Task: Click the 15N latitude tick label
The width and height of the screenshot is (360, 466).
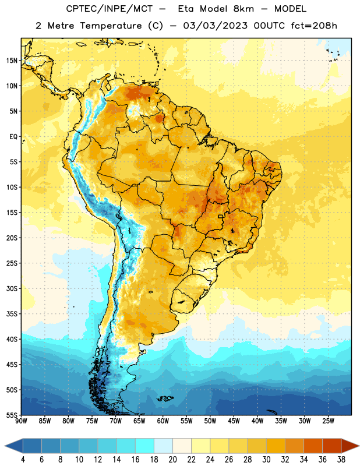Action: (x=12, y=61)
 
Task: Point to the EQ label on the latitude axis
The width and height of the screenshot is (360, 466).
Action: (x=13, y=137)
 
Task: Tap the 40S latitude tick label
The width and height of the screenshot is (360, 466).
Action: (x=12, y=339)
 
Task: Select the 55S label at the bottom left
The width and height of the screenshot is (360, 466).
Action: (x=12, y=415)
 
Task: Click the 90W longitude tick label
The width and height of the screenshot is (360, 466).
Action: (x=21, y=421)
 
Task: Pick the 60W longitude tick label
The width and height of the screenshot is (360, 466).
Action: (x=163, y=421)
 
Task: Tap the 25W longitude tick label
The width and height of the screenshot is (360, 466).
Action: (x=328, y=421)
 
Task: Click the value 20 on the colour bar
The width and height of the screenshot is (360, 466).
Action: (x=172, y=460)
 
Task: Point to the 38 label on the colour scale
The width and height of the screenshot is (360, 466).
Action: (x=341, y=460)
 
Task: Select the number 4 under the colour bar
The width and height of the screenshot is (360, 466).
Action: (x=23, y=460)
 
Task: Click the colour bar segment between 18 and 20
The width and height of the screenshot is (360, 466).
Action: (x=163, y=446)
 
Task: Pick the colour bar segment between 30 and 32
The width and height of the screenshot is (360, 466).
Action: (x=276, y=446)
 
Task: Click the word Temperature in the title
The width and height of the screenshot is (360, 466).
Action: (x=111, y=26)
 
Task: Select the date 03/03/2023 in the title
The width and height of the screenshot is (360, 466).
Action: (x=215, y=26)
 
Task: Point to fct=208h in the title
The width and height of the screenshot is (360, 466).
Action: (x=314, y=26)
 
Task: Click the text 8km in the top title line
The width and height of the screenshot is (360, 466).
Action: (x=243, y=9)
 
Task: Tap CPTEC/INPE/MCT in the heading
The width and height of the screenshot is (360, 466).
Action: (x=109, y=9)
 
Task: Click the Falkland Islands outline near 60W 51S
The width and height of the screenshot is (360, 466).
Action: (x=165, y=398)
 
